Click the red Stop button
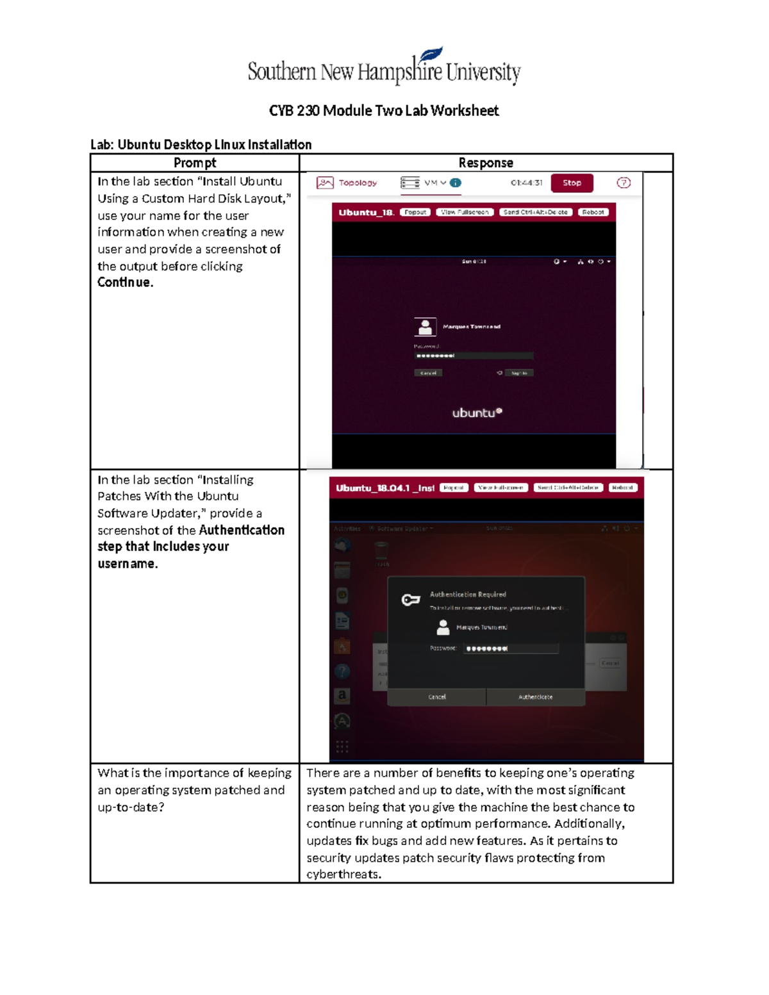click(572, 183)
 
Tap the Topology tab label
click(358, 183)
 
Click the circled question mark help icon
click(623, 183)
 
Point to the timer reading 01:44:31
click(526, 183)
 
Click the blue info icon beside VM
click(456, 183)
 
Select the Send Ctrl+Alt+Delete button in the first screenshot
click(535, 212)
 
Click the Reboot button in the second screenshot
click(622, 488)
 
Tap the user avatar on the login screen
click(425, 327)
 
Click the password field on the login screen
click(474, 356)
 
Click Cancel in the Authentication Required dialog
click(437, 697)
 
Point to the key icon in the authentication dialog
click(410, 600)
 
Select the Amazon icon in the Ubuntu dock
click(342, 695)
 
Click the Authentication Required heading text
click(468, 595)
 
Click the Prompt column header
click(195, 163)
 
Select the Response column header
click(486, 163)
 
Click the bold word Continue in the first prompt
click(125, 283)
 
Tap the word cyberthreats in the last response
click(343, 875)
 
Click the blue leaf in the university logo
click(431, 54)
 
